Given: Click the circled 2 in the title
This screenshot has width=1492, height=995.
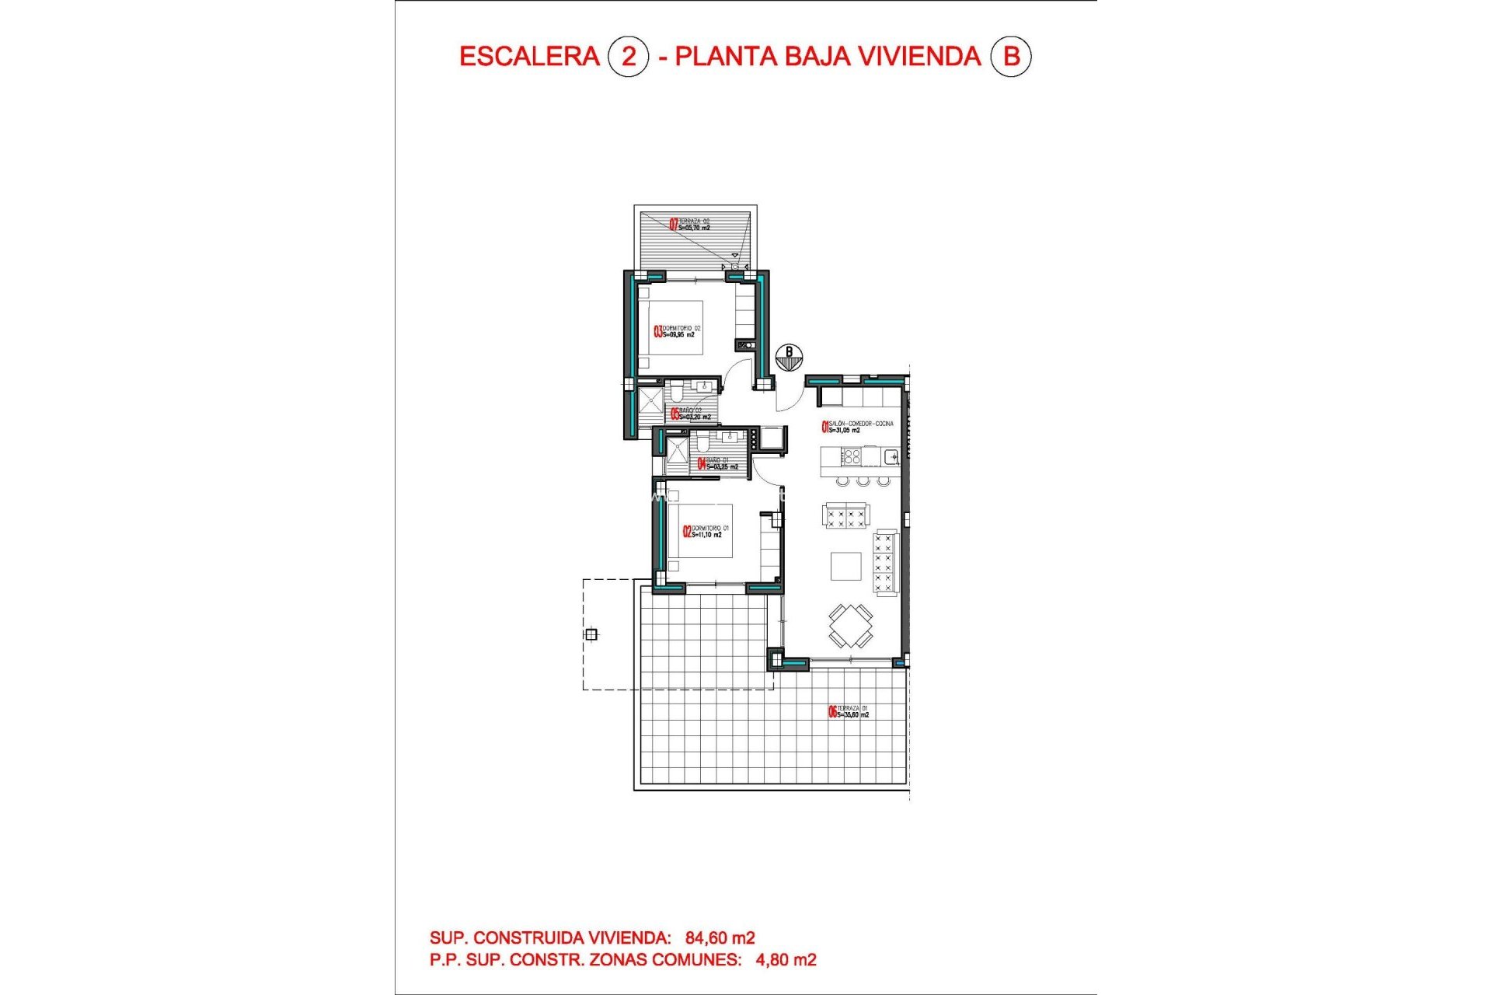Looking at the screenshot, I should coord(628,57).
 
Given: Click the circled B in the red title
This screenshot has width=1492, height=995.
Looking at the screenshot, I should coord(1011,57).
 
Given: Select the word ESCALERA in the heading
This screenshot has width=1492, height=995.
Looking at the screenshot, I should coord(529,57).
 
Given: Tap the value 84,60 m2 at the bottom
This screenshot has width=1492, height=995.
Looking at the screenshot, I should coord(720,938).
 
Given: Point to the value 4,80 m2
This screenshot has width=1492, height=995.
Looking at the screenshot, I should coord(786,960).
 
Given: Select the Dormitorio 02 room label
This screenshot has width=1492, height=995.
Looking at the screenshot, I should coord(678,332).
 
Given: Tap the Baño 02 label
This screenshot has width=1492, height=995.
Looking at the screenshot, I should coord(691,414).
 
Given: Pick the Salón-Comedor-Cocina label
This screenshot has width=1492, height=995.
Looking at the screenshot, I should coord(858,427).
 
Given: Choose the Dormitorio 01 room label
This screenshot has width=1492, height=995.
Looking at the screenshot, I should coord(706,532).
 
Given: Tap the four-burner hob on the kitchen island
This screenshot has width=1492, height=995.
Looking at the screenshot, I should coord(852,456).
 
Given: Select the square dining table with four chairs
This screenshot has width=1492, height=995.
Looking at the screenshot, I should coord(850,625).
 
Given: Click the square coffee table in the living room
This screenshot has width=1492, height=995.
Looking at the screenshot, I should coord(845,566).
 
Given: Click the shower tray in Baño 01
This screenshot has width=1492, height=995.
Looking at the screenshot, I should coord(677,453).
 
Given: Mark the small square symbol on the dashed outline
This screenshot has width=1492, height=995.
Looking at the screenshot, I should coord(591,634).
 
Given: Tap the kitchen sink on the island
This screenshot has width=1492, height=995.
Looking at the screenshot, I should coord(891,456).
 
